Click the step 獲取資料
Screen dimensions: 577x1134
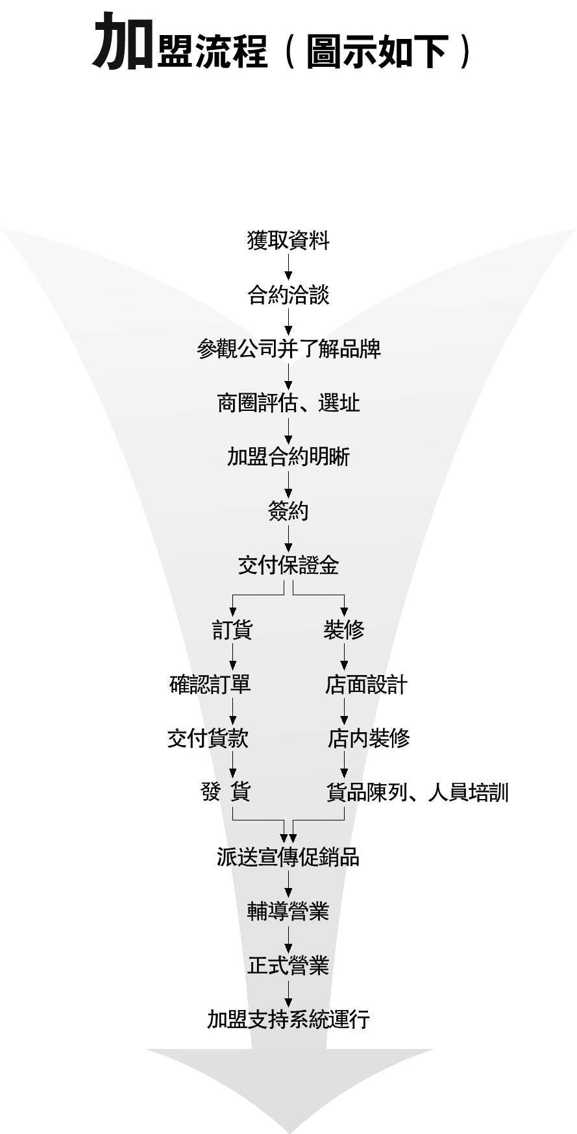tap(288, 241)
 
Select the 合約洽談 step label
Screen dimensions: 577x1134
tap(288, 295)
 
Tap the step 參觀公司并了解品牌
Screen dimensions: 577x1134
tap(289, 349)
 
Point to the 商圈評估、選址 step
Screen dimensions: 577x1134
tap(288, 403)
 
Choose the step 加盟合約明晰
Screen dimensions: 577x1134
tap(288, 457)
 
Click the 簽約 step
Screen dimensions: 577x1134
tap(288, 512)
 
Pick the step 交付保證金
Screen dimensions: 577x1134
tap(288, 565)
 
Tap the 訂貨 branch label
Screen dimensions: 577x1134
tap(232, 630)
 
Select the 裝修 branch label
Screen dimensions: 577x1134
tap(344, 630)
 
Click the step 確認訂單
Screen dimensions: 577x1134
tap(210, 684)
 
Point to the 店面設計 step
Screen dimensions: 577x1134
tap(366, 684)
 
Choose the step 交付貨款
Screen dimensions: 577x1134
tap(208, 738)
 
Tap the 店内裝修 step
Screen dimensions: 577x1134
tap(368, 738)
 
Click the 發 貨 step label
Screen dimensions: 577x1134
tap(226, 792)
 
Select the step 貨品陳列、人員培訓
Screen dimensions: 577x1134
tap(417, 792)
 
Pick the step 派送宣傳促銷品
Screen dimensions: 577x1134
tap(288, 857)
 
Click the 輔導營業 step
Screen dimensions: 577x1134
tap(288, 912)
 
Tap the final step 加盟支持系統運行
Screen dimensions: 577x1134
tap(288, 1019)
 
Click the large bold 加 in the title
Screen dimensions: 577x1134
tap(123, 43)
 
